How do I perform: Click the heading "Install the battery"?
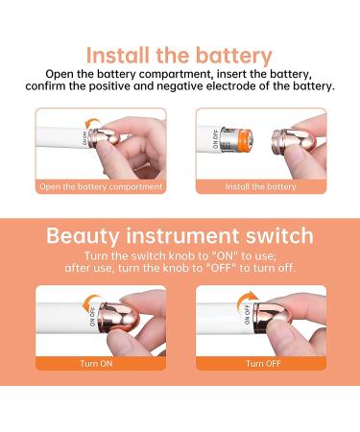pos(180,56)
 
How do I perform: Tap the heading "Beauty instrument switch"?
pos(180,236)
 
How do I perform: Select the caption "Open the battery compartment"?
pos(101,187)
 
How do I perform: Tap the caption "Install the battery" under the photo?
pos(261,186)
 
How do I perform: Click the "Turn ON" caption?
pos(96,364)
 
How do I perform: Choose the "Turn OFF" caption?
pos(264,364)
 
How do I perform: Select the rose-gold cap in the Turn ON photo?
pos(119,318)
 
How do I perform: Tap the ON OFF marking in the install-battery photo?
pos(215,139)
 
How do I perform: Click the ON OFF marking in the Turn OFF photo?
pos(248,315)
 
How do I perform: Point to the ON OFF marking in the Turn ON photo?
pos(92,317)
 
